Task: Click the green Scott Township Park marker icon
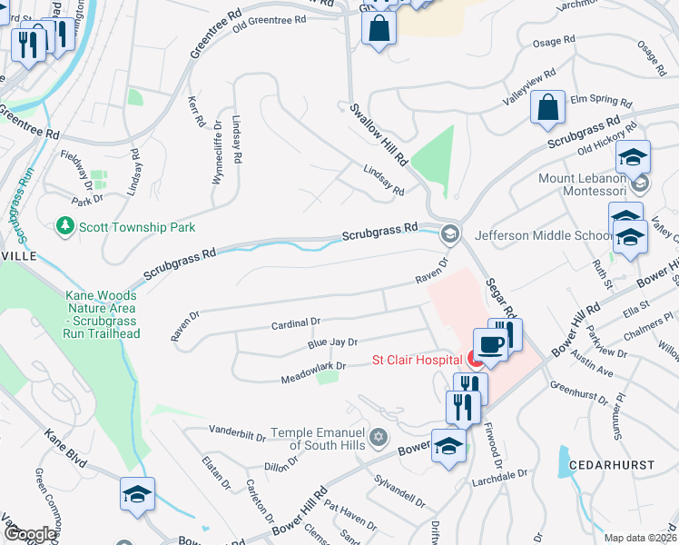click(64, 224)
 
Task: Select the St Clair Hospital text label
click(416, 360)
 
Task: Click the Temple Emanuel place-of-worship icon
click(379, 439)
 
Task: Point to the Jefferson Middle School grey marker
click(448, 234)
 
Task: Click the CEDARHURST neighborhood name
click(611, 464)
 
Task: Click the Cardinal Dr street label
click(296, 322)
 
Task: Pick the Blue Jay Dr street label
click(332, 342)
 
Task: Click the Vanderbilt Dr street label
click(237, 428)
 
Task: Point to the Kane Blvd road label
click(65, 449)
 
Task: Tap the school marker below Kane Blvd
click(137, 494)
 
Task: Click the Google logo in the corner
click(29, 534)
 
